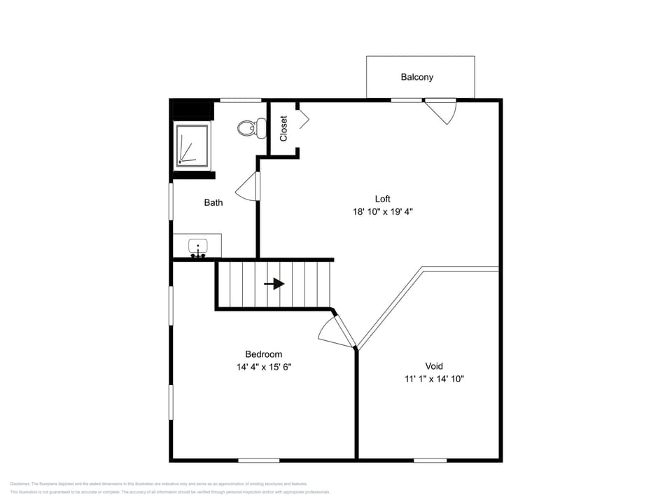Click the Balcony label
[x=416, y=77]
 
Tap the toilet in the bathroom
[x=251, y=128]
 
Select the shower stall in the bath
[x=192, y=146]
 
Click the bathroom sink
[x=198, y=247]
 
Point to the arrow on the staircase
[x=274, y=283]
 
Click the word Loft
[x=382, y=199]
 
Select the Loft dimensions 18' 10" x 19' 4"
[x=382, y=211]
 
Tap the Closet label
[x=283, y=129]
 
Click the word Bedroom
[x=263, y=354]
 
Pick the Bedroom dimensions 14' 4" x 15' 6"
[x=263, y=367]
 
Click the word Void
[x=434, y=366]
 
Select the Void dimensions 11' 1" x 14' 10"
[x=434, y=379]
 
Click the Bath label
[x=213, y=202]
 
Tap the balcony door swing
[x=443, y=111]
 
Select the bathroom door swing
[x=248, y=187]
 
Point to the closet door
[x=303, y=118]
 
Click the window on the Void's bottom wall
[x=430, y=460]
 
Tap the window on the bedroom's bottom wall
[x=258, y=460]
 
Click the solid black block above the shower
[x=192, y=111]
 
